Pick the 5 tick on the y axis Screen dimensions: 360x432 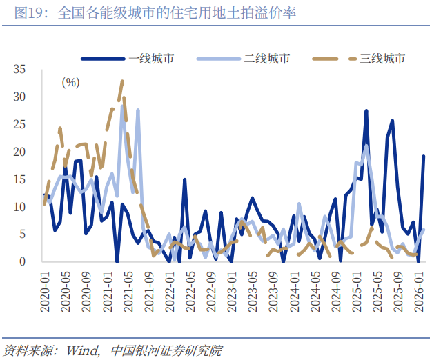point(22,234)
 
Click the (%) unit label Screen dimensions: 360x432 point(70,83)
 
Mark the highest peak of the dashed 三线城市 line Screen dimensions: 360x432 point(122,81)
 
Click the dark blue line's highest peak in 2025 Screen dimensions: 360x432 point(366,111)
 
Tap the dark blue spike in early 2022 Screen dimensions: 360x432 point(185,179)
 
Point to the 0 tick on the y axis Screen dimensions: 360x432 point(22,262)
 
